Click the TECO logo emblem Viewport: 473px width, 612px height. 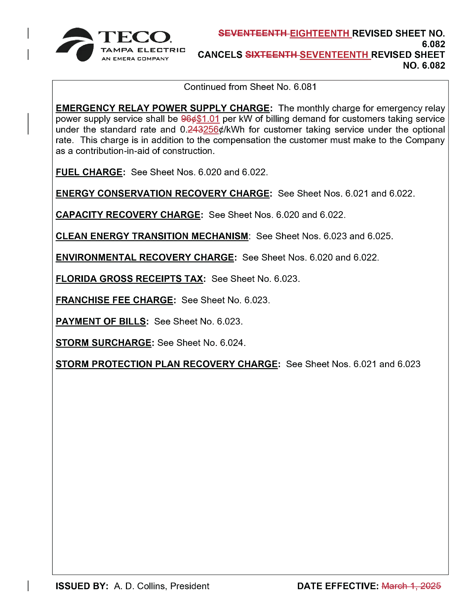click(x=75, y=45)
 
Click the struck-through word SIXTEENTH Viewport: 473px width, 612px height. click(x=271, y=55)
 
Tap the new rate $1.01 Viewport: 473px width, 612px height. click(x=208, y=119)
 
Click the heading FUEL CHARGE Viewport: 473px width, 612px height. click(x=89, y=172)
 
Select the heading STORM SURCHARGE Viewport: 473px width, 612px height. click(x=103, y=343)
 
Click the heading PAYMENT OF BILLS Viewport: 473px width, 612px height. click(x=101, y=322)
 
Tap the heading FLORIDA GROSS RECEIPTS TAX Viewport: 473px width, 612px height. click(x=129, y=279)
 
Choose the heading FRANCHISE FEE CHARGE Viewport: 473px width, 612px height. click(x=114, y=300)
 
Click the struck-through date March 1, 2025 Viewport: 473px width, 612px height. click(x=411, y=586)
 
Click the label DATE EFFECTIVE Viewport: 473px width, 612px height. click(x=337, y=586)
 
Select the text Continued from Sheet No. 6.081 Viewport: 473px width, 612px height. click(x=250, y=87)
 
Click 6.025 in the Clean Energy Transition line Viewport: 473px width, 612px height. click(x=379, y=236)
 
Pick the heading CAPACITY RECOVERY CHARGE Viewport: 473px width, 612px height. click(x=128, y=215)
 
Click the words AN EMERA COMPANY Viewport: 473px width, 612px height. click(x=135, y=59)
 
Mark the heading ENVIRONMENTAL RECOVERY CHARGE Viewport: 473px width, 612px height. click(x=145, y=257)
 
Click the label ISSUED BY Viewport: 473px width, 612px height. click(x=82, y=586)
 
